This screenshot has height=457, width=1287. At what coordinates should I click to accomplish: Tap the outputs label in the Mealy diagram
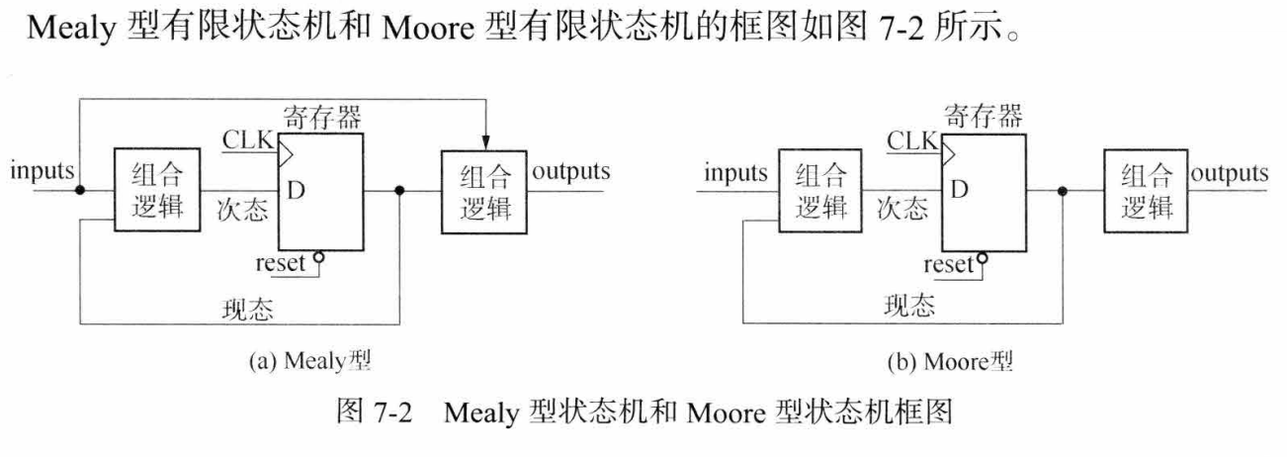(571, 171)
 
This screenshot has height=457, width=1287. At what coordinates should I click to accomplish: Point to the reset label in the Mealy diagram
(280, 264)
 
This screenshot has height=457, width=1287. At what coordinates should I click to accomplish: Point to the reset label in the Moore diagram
(950, 265)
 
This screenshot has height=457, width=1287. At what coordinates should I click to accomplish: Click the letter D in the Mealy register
(295, 189)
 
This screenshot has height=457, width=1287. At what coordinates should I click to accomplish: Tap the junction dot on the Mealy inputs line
(81, 190)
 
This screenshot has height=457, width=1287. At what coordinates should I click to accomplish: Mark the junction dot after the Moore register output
(1063, 192)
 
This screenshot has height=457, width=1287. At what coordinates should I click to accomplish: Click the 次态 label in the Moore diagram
(903, 209)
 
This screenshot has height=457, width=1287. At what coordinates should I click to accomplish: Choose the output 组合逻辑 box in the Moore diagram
(1148, 193)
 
